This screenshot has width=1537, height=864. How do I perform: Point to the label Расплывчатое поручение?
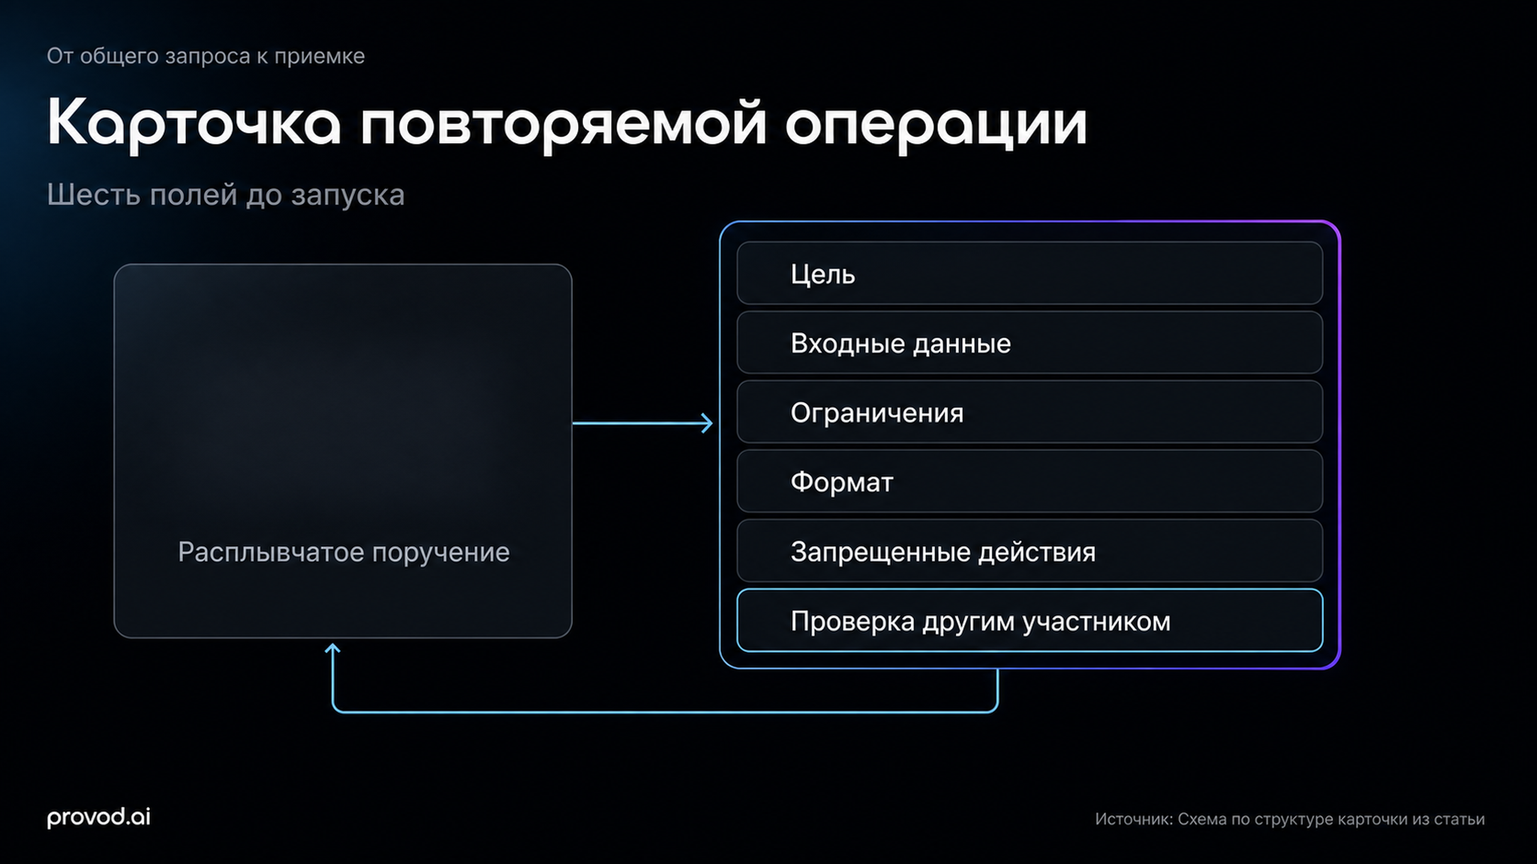(x=344, y=552)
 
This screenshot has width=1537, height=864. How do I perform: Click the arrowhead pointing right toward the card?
(x=707, y=423)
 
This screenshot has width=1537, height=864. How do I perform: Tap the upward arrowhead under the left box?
(x=332, y=649)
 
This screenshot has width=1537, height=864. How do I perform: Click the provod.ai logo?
(x=98, y=817)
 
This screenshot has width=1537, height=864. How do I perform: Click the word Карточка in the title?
(x=194, y=124)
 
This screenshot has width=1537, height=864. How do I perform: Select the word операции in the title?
(x=935, y=124)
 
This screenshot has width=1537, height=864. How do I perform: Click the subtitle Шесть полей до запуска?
(x=225, y=195)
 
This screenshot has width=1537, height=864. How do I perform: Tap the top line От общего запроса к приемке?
(x=206, y=56)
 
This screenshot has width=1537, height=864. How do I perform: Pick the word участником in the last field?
(x=1097, y=621)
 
